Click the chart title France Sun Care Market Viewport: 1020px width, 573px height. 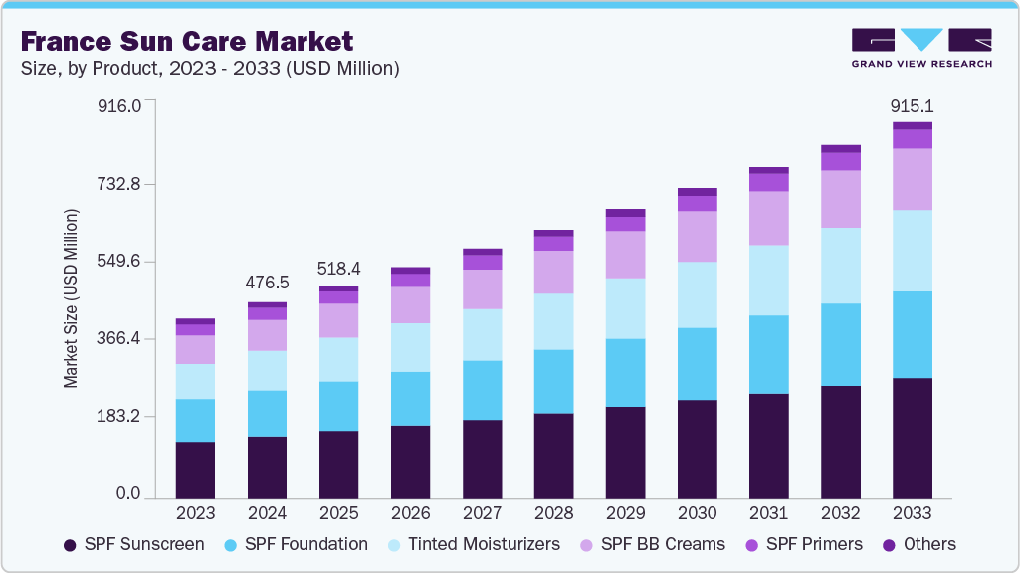point(187,42)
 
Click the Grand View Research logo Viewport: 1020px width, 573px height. point(921,48)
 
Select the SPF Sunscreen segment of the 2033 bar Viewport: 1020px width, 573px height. point(912,438)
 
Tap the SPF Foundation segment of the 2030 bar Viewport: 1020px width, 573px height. point(697,364)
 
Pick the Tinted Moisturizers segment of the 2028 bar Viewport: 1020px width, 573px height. point(553,321)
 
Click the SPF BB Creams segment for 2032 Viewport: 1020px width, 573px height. point(840,199)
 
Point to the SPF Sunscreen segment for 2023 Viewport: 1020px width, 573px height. point(195,470)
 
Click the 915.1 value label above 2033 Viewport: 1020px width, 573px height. point(912,106)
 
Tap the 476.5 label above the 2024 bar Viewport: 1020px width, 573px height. point(267,284)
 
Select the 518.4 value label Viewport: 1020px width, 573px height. point(338,268)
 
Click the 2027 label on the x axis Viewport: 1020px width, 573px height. point(482,513)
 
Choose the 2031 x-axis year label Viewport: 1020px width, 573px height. point(768,513)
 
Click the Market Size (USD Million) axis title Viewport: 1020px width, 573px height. point(71,298)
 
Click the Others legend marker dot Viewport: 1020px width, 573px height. point(888,545)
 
